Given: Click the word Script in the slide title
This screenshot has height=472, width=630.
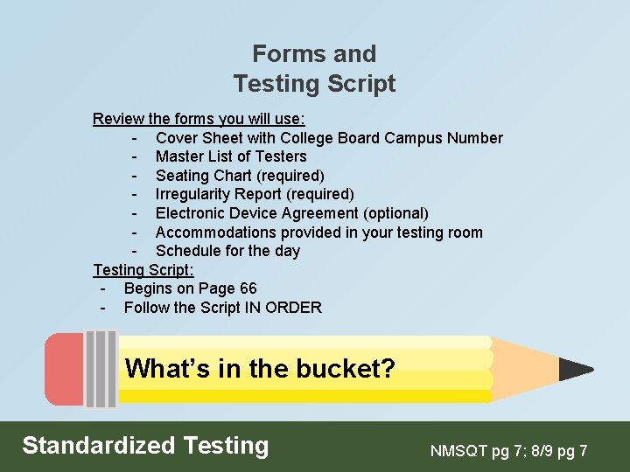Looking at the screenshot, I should (x=359, y=84).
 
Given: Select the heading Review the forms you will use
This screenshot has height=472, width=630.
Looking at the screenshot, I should (x=199, y=118).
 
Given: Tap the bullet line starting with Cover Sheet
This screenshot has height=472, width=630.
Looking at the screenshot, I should (x=328, y=137).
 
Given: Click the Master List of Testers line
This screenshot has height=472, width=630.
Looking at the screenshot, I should (x=231, y=156).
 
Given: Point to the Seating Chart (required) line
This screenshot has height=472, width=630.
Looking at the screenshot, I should (x=240, y=176).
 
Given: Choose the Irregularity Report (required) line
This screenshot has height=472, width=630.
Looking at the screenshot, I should (x=255, y=194).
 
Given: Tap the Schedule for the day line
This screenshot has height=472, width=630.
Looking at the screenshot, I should (x=227, y=251).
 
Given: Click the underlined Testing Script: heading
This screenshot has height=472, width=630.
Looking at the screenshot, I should (x=143, y=269).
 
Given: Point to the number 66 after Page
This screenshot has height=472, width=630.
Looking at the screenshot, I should (x=247, y=288).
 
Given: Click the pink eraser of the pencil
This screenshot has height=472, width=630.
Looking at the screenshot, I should (x=64, y=370).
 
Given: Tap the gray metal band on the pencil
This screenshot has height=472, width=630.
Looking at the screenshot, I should (x=101, y=370).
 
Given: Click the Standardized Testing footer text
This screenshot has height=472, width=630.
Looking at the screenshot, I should (x=145, y=446).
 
